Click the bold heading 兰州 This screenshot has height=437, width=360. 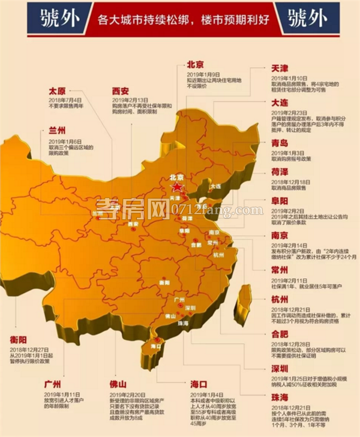coord(59,131)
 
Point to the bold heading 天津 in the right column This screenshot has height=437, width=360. coord(283,70)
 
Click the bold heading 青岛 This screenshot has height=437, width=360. coord(282,143)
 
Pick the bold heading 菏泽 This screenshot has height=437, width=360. coord(282,172)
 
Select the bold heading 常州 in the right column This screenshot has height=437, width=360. coord(282,270)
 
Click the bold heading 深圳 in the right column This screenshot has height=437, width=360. coord(282,368)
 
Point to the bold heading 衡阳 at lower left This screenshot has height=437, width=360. coord(19,340)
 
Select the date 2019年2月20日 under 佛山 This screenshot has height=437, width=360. coord(128,394)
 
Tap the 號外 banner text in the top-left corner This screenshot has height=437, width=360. coord(57,19)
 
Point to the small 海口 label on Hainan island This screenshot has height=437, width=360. coord(157,346)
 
